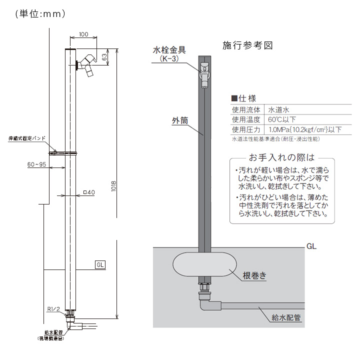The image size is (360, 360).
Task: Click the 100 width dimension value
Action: point(83,34)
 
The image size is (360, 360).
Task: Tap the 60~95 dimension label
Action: point(36,164)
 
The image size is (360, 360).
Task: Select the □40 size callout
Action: point(89,192)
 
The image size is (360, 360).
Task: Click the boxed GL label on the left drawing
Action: point(99,264)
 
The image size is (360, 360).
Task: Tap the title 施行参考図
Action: point(247,45)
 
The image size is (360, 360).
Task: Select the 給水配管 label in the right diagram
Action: point(286,316)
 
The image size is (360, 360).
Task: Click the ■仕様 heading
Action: point(243,98)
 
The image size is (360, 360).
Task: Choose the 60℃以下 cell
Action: point(282,119)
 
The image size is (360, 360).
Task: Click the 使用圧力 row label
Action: point(246,130)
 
